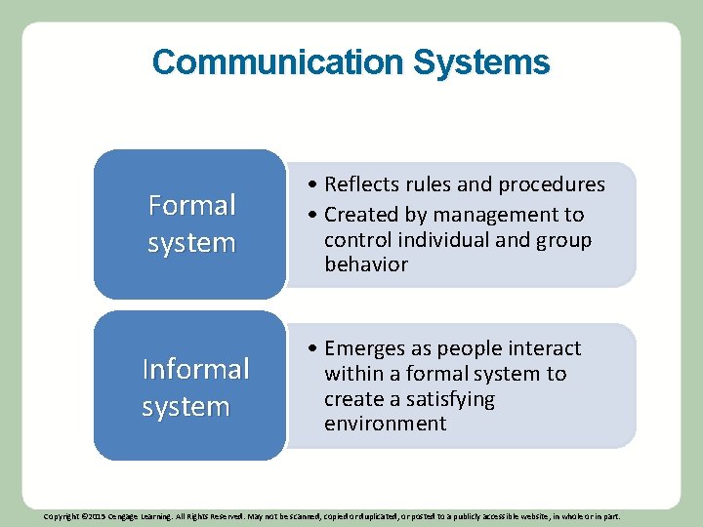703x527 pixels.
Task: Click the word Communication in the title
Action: (x=278, y=62)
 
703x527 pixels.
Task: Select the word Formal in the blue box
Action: (x=191, y=205)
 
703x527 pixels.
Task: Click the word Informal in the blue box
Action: (x=195, y=369)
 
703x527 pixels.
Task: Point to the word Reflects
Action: (x=363, y=184)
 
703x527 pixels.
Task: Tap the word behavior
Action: (x=366, y=264)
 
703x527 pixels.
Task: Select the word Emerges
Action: (x=363, y=348)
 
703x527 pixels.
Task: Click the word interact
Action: (x=542, y=348)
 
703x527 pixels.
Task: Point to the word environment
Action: (x=385, y=424)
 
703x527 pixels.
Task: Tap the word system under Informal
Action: (x=186, y=406)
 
